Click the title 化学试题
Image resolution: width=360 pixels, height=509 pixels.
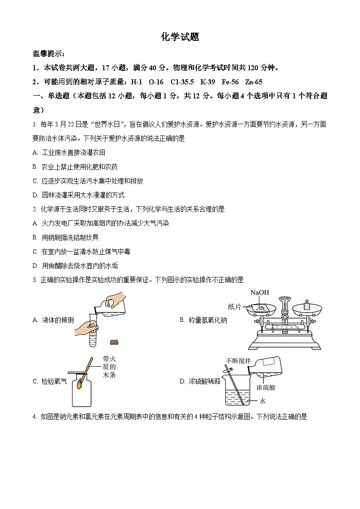click(x=180, y=37)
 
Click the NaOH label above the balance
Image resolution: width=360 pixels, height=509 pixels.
click(x=260, y=292)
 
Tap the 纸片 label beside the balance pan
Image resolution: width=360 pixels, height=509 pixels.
click(x=234, y=307)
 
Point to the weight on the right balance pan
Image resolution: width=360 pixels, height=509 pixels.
click(x=306, y=305)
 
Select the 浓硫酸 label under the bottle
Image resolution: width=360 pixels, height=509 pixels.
click(x=266, y=387)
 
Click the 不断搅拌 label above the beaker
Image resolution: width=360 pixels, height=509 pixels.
click(x=238, y=361)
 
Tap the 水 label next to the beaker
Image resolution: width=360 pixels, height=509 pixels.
click(x=262, y=401)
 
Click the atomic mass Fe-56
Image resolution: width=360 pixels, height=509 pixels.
click(x=230, y=82)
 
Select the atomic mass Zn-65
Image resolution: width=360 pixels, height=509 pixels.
click(x=253, y=82)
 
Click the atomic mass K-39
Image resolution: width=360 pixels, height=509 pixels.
click(x=208, y=82)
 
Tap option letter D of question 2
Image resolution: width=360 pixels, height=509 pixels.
click(x=35, y=266)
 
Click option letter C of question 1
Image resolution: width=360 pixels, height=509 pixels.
click(x=35, y=181)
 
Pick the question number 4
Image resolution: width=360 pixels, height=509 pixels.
click(x=35, y=417)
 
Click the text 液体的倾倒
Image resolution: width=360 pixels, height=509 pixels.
click(x=58, y=320)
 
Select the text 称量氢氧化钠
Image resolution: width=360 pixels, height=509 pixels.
click(x=208, y=320)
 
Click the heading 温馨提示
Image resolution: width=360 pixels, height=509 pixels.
click(x=49, y=53)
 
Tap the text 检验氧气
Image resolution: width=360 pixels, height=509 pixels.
click(x=54, y=382)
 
